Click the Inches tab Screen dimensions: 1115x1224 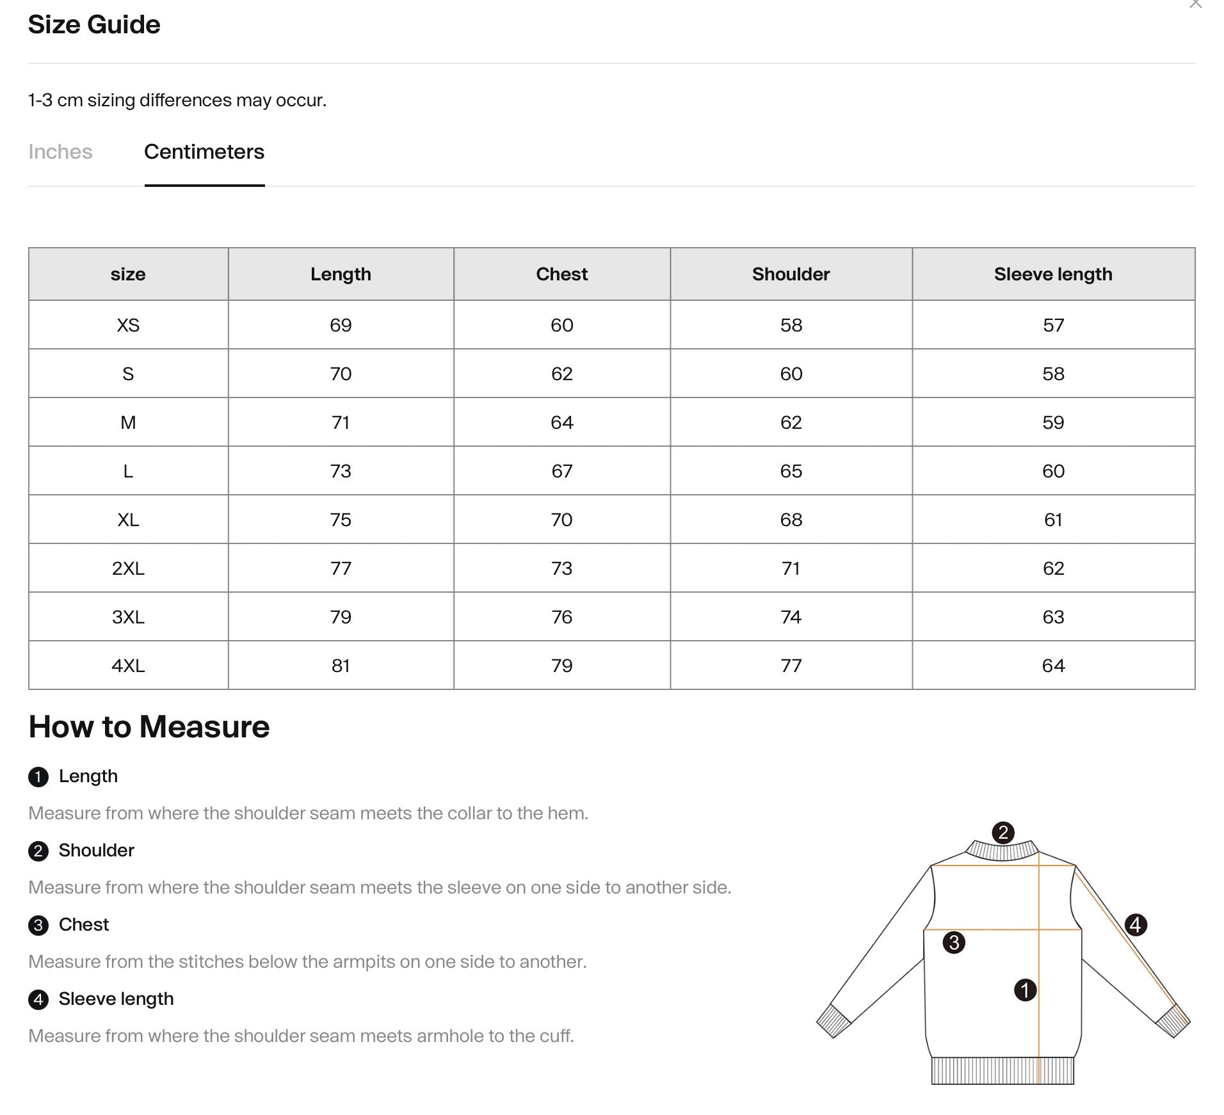click(60, 152)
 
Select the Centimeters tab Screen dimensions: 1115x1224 click(204, 152)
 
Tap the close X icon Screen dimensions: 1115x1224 click(1195, 4)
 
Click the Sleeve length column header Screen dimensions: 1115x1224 click(1052, 274)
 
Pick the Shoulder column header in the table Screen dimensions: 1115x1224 click(791, 274)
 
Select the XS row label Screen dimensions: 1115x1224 click(128, 325)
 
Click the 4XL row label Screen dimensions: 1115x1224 click(128, 666)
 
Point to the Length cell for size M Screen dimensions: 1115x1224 click(341, 422)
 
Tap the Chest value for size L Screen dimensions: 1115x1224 click(561, 471)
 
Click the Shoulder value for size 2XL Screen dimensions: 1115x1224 click(791, 568)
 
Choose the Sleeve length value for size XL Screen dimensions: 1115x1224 click(1052, 520)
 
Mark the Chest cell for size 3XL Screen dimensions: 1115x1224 click(561, 617)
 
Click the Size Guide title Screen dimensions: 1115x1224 click(94, 24)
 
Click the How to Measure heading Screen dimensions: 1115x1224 click(149, 726)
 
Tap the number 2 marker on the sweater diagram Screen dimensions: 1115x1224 click(1003, 832)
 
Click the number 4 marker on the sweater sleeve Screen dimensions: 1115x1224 click(1135, 924)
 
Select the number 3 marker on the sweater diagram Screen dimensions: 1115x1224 click(954, 942)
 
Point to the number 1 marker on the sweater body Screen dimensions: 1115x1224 click(1025, 990)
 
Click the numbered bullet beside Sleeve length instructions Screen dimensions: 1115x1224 click(38, 999)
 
